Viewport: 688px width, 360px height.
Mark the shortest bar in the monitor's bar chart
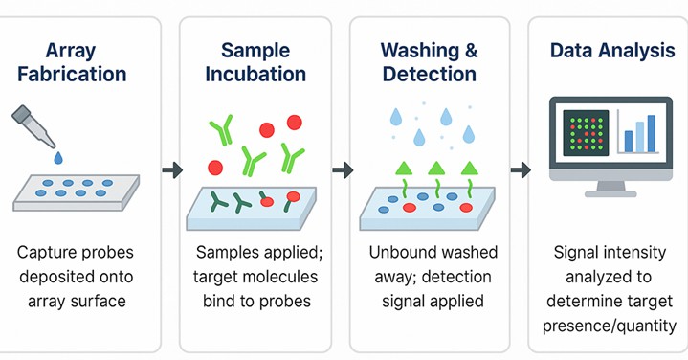click(x=628, y=142)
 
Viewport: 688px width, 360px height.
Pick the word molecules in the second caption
click(x=297, y=278)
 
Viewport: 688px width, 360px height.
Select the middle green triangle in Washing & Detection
click(x=436, y=169)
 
